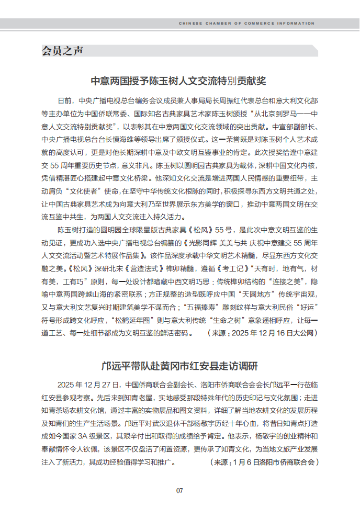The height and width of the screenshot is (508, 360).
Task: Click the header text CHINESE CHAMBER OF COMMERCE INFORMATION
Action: (246, 24)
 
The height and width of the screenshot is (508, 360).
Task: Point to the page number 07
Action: (179, 490)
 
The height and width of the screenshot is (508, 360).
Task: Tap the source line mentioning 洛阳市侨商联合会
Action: (264, 462)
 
